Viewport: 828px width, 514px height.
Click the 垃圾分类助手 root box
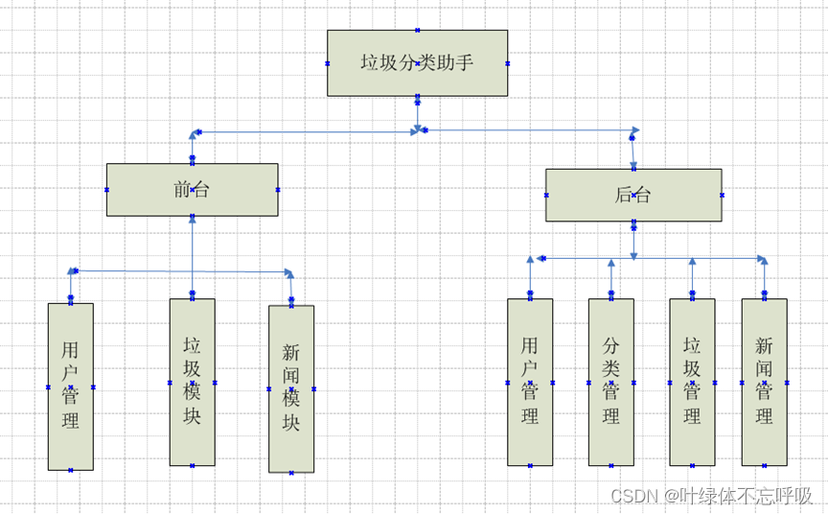click(417, 63)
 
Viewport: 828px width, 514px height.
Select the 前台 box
click(192, 190)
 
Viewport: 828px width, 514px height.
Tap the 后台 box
click(633, 196)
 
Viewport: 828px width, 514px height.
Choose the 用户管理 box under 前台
click(71, 386)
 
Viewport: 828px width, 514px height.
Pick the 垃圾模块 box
click(192, 382)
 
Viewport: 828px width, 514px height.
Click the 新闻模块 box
click(291, 388)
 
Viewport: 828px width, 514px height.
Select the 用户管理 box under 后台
click(530, 382)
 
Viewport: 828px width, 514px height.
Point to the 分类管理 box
click(611, 382)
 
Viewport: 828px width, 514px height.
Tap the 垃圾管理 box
click(692, 382)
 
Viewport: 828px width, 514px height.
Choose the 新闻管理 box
click(764, 382)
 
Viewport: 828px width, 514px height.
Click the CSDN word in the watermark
click(632, 496)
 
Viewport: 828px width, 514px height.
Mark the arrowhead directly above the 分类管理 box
click(611, 263)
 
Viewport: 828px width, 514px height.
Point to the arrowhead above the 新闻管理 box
click(763, 260)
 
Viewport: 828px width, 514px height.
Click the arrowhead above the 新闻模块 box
click(289, 274)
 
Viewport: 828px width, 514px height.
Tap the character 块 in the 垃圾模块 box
click(192, 418)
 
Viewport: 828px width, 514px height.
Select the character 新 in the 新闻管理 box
click(764, 345)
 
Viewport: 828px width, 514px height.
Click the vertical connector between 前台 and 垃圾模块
click(192, 259)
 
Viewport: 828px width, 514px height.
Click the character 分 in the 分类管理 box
click(611, 345)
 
